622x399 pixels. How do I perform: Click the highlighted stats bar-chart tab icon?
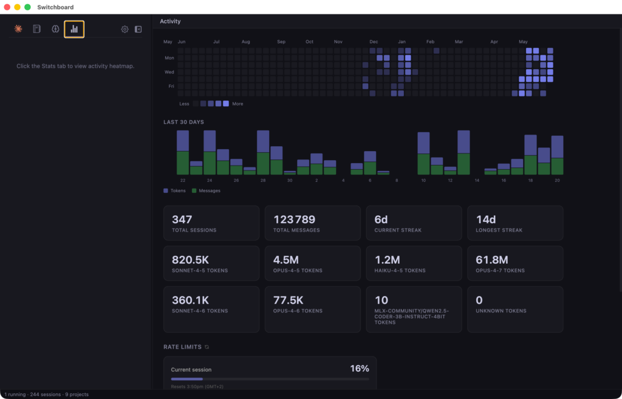[74, 29]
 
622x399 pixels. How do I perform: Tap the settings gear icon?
[125, 29]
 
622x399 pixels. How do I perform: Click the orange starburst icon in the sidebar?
[18, 29]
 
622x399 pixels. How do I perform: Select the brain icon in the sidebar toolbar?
[55, 29]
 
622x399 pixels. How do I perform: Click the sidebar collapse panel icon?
[138, 29]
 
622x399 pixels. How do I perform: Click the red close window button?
[7, 7]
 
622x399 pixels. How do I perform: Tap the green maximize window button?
[27, 7]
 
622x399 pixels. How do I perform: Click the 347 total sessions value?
[182, 220]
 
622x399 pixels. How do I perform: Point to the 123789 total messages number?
[294, 220]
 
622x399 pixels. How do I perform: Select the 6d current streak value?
[381, 220]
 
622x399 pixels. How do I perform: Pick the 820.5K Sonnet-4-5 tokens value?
[190, 260]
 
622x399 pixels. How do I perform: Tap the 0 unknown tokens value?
[479, 300]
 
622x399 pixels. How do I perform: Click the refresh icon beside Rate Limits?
[207, 347]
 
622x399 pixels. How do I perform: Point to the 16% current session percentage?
[360, 369]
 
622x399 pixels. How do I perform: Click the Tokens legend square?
[166, 191]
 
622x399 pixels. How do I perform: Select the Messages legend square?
[194, 191]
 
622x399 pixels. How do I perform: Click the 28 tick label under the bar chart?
[263, 181]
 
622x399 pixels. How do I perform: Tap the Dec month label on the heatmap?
[374, 42]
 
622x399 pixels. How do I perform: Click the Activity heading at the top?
[170, 21]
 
